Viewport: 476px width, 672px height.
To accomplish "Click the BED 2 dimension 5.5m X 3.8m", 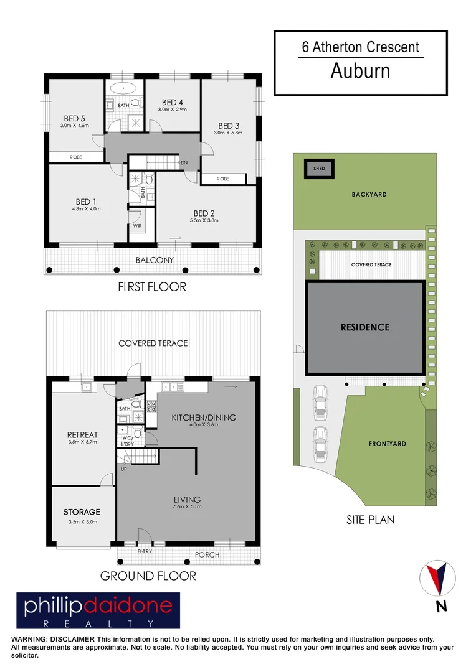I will [205, 220].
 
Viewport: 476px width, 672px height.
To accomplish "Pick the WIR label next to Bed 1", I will [137, 226].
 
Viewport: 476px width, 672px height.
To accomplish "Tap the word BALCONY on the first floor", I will [155, 259].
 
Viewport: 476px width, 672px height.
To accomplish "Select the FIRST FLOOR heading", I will [152, 287].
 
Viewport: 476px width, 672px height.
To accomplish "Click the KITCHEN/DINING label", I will [204, 418].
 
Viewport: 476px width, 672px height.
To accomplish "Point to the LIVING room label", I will [188, 499].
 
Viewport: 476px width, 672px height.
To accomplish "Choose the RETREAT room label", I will [82, 435].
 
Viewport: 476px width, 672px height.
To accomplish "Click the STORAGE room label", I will [81, 512].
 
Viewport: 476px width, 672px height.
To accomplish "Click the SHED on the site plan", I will [318, 167].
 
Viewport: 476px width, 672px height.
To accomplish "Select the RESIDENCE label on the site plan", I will [365, 327].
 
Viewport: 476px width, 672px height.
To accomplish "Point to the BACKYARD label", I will [369, 195].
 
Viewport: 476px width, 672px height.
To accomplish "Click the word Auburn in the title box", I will [360, 71].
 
